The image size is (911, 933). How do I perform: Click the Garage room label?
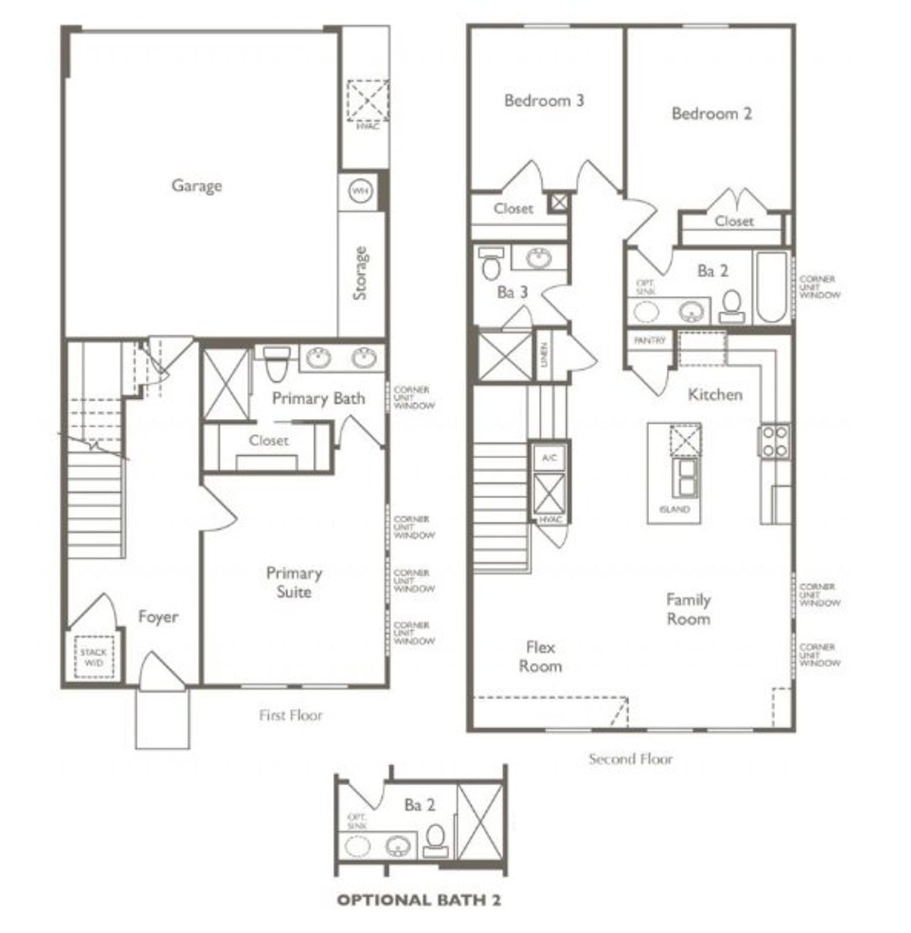196,186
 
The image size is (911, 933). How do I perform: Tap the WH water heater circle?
360,191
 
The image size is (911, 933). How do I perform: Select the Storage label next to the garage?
360,273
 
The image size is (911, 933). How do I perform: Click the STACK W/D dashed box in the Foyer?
93,657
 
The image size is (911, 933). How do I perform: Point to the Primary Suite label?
294,582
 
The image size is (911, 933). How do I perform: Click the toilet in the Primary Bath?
275,364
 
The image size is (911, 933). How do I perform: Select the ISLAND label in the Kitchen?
674,509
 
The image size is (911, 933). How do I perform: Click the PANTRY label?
650,341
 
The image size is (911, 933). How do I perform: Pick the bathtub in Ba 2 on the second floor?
771,287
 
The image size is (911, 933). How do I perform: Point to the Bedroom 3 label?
544,100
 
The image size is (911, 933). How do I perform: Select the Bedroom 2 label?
711,113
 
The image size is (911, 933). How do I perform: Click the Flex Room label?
540,656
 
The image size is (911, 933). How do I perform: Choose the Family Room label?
688,609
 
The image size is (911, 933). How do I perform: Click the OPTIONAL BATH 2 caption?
418,900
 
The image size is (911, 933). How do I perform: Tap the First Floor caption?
290,715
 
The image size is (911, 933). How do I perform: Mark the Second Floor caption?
630,758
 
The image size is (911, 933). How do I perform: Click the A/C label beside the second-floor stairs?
549,457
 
